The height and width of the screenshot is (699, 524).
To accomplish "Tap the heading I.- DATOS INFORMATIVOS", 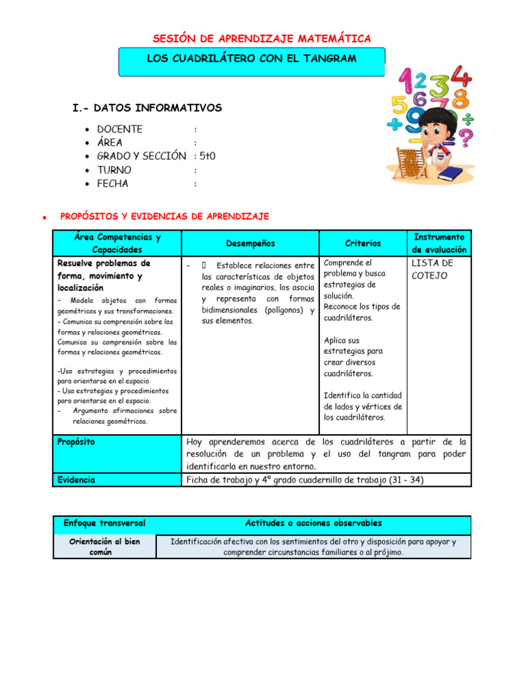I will tap(147, 108).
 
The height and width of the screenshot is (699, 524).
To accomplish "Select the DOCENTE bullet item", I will tap(119, 129).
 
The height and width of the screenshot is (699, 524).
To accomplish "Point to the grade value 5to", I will tap(207, 156).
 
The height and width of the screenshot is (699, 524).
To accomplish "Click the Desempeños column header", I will tap(250, 243).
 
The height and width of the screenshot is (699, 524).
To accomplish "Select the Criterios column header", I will tap(363, 243).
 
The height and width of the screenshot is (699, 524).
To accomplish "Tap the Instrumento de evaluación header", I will tap(439, 243).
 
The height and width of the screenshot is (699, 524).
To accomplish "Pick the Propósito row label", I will tap(76, 442).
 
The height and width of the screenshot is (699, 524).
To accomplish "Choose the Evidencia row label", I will tap(76, 480).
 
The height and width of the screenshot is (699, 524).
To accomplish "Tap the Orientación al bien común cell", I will tap(104, 547).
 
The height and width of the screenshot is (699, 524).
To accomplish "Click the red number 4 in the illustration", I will tap(461, 77).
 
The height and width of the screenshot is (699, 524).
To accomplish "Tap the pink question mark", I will tap(465, 139).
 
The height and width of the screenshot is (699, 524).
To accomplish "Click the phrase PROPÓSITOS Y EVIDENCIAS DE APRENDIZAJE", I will tap(164, 216).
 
